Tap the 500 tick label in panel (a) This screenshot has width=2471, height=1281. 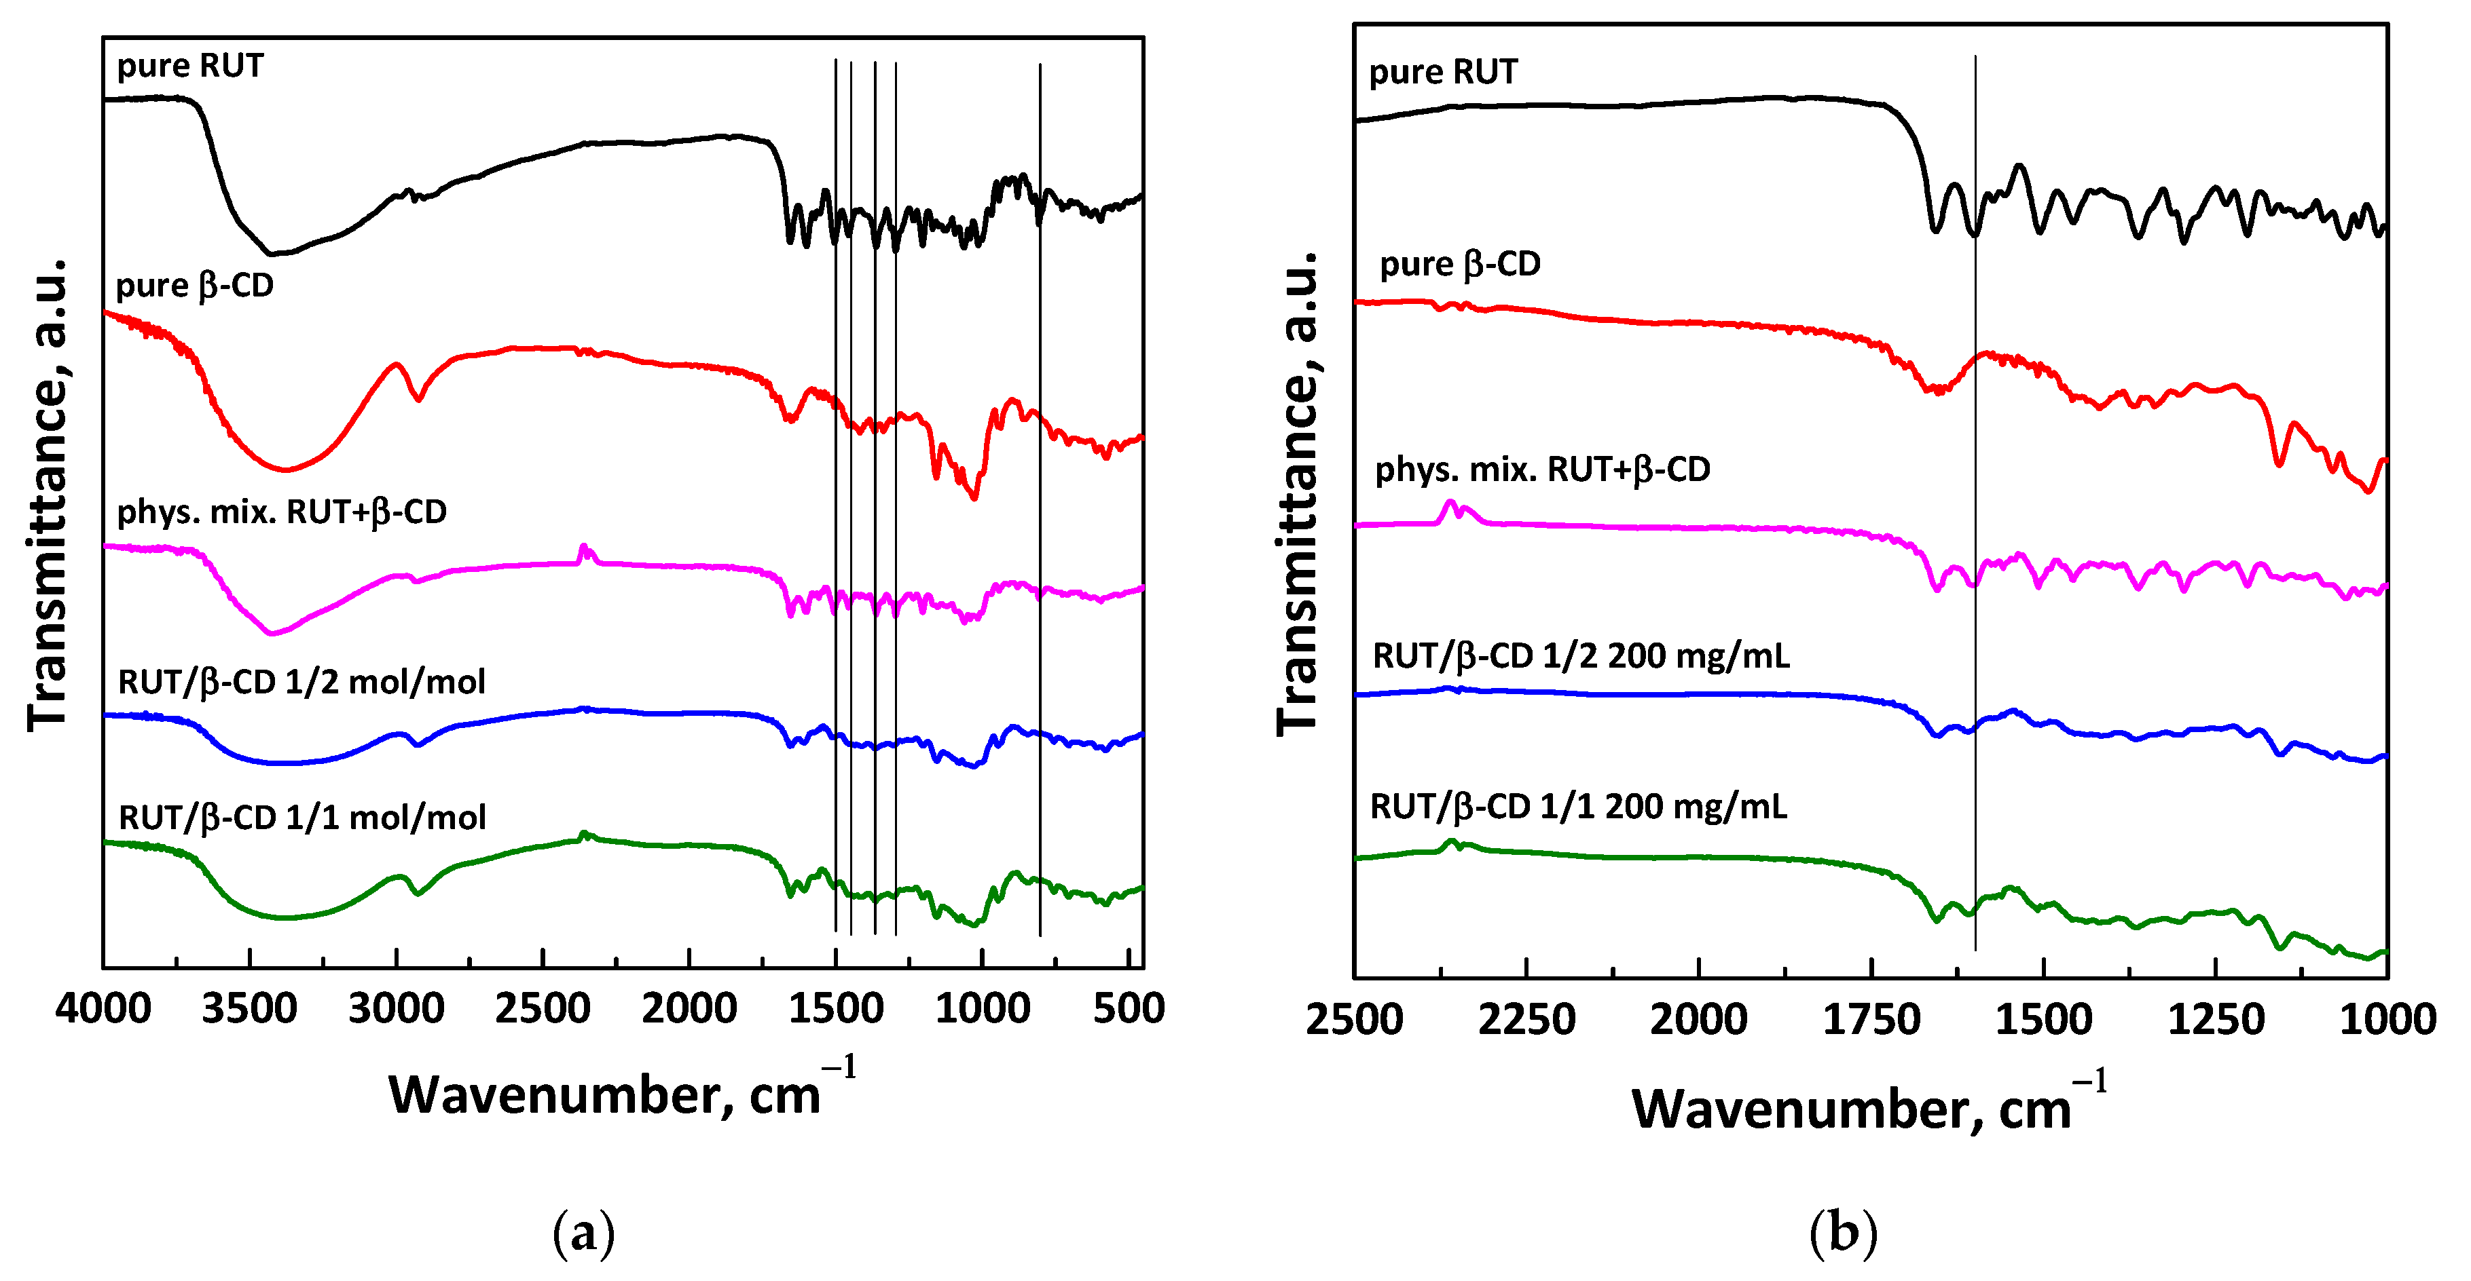[x=1129, y=1009]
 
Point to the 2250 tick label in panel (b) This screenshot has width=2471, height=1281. [x=1526, y=1019]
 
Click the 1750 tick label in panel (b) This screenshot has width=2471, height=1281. [x=1871, y=1019]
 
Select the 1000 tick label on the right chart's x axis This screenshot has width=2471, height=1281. [x=2387, y=1019]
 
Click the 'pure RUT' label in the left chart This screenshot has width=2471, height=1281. [x=190, y=65]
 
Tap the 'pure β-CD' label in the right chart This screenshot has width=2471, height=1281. [x=1459, y=264]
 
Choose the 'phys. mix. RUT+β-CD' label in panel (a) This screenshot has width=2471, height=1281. [x=281, y=512]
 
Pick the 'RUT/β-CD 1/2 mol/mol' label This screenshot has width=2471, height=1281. [x=301, y=682]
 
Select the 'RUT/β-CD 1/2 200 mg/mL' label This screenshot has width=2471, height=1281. [x=1581, y=656]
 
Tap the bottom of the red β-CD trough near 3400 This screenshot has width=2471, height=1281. [x=285, y=470]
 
